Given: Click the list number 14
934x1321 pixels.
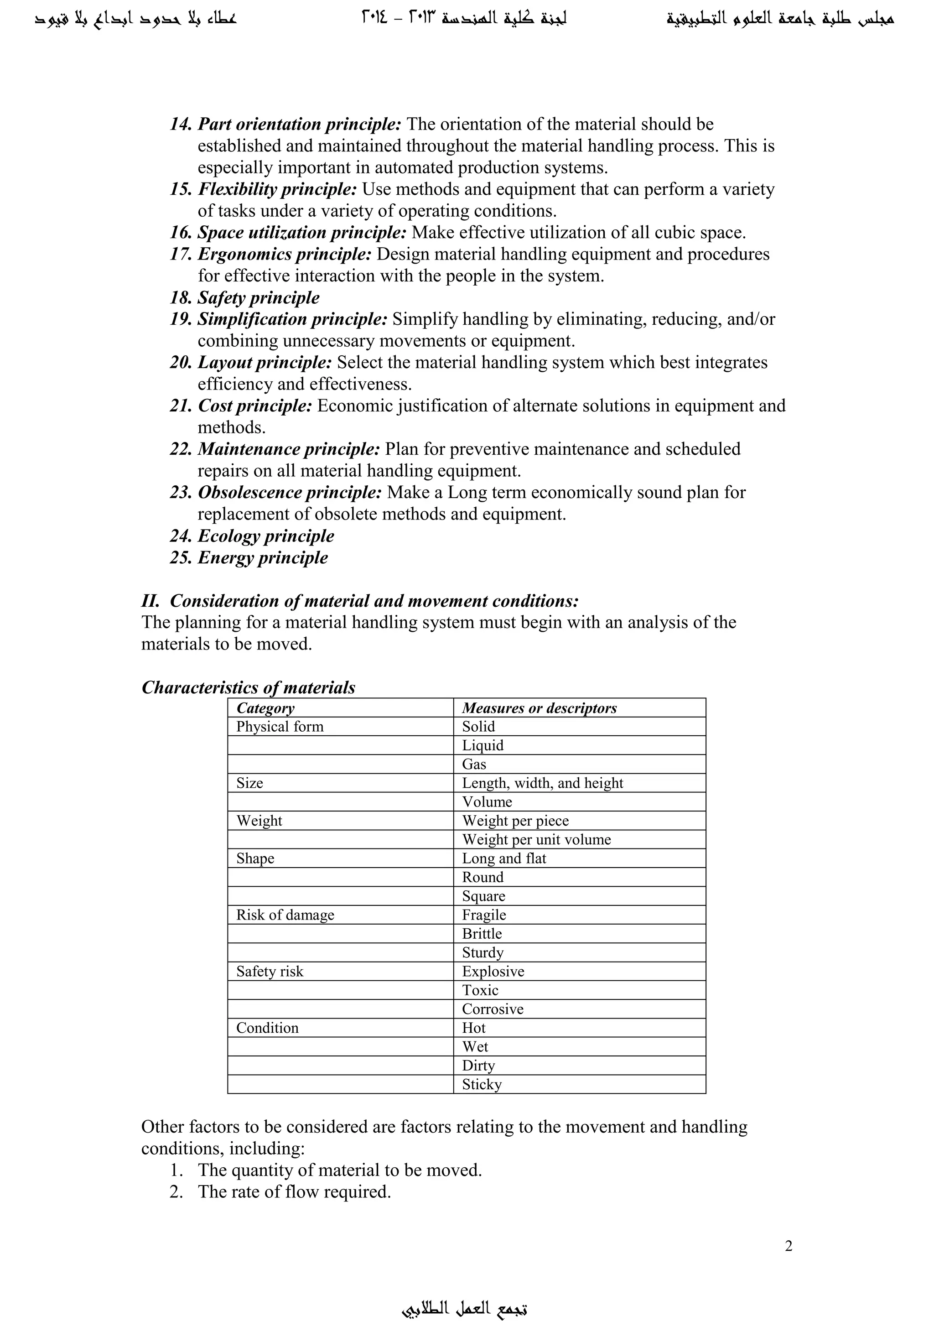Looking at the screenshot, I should point(181,124).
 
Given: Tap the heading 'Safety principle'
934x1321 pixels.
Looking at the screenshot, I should point(258,297).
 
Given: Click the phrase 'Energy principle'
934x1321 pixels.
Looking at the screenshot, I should point(263,557).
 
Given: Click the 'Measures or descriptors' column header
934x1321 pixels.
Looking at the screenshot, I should point(539,708).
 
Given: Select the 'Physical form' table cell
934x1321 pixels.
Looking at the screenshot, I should point(280,727).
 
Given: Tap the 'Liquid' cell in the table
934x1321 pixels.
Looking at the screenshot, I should point(483,746).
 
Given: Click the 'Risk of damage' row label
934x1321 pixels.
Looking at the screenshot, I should point(285,915).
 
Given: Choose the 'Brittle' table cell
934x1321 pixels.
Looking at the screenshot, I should point(482,934).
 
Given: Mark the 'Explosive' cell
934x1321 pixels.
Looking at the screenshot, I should point(493,971).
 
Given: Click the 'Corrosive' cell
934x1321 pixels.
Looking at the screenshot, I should point(492,1009).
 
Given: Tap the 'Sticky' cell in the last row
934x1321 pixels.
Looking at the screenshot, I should point(482,1085).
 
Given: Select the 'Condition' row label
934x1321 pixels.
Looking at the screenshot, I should point(267,1028).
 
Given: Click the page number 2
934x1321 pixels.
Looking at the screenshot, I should point(789,1246).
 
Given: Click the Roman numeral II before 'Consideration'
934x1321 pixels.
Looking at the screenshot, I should point(150,601).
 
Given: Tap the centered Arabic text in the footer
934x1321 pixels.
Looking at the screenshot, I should point(465,1307).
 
